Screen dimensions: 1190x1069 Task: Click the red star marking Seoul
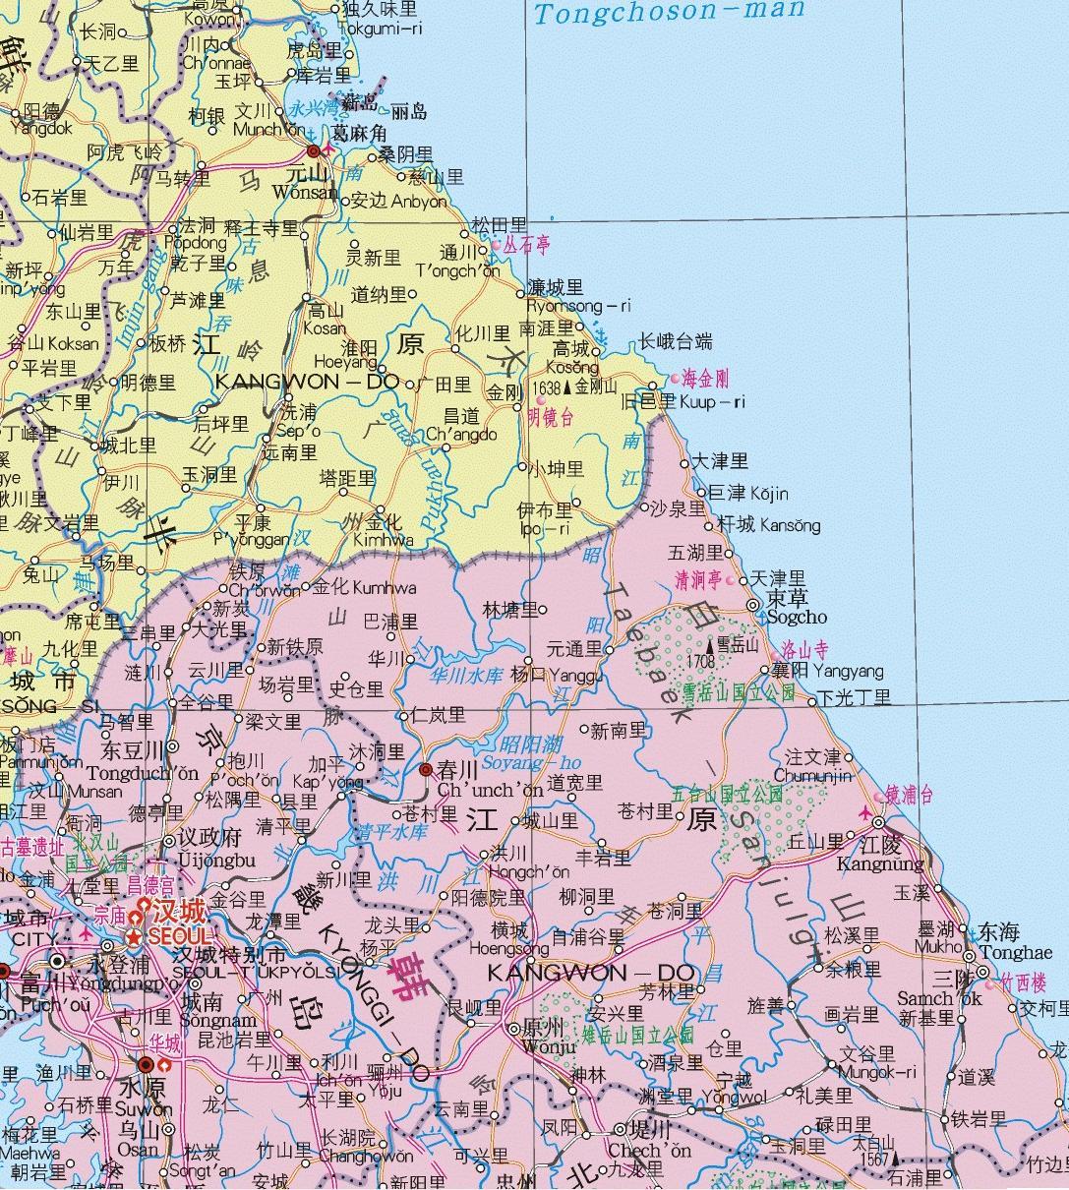click(x=133, y=934)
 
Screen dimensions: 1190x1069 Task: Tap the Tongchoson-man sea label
click(x=669, y=13)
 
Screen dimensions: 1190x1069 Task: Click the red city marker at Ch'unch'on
click(x=426, y=769)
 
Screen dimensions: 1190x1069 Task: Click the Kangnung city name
click(x=880, y=864)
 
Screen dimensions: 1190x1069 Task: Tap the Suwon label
click(x=144, y=1108)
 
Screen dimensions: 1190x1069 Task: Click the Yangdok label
click(x=42, y=128)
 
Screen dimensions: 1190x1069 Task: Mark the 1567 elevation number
click(x=872, y=1160)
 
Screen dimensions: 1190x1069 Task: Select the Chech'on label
click(x=649, y=1150)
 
